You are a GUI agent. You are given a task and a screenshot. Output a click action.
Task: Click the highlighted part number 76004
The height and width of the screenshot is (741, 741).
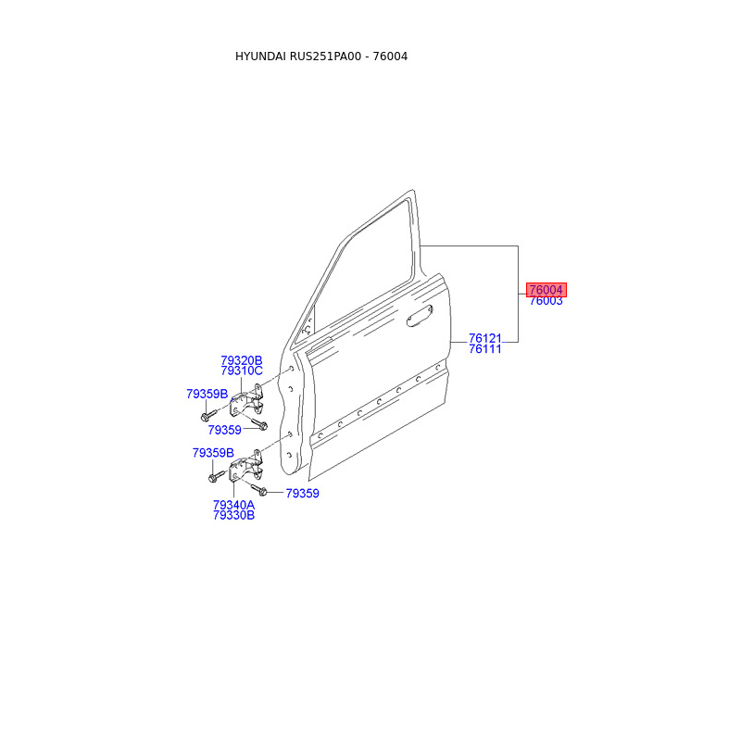[x=546, y=290]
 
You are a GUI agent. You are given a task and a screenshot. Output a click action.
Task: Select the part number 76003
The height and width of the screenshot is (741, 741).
[x=546, y=301]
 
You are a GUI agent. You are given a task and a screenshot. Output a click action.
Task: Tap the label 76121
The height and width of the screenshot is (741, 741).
[x=484, y=338]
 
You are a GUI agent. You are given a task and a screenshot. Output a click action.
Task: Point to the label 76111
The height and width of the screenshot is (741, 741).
[x=484, y=349]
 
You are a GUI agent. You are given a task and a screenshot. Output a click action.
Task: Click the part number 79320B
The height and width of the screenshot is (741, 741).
[x=242, y=360]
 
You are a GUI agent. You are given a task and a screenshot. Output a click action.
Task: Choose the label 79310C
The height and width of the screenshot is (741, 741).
[x=242, y=371]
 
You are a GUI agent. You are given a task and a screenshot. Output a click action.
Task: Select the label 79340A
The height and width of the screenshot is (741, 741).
[x=233, y=505]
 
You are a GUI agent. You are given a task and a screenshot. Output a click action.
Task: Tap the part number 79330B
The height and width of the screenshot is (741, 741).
[x=233, y=516]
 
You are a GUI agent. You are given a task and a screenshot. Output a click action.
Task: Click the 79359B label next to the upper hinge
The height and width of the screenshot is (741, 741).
[x=207, y=394]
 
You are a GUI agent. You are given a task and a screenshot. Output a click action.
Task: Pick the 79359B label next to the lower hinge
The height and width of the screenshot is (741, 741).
[x=213, y=453]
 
